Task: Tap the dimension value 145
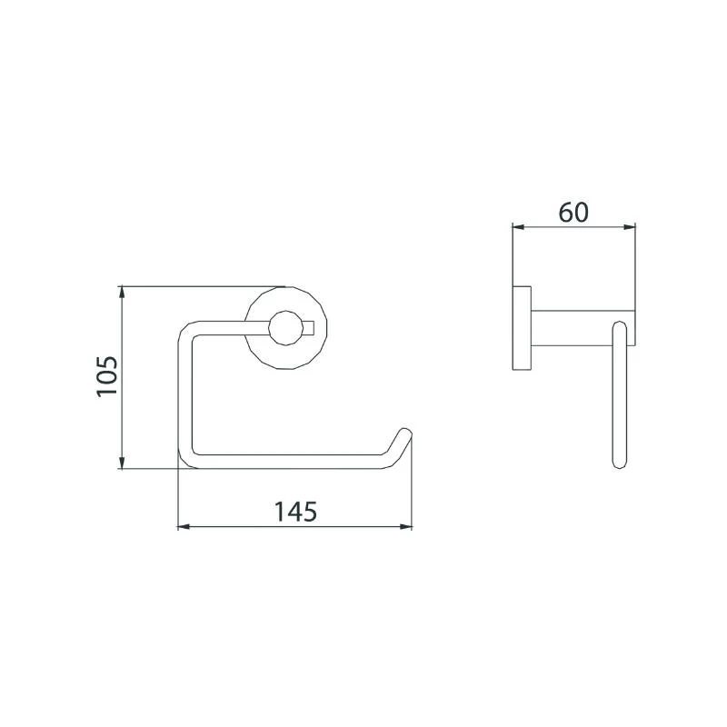295,512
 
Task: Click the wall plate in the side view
522,328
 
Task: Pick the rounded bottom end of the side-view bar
621,462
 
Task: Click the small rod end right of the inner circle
309,326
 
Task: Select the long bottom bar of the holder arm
291,463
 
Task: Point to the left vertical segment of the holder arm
183,395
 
